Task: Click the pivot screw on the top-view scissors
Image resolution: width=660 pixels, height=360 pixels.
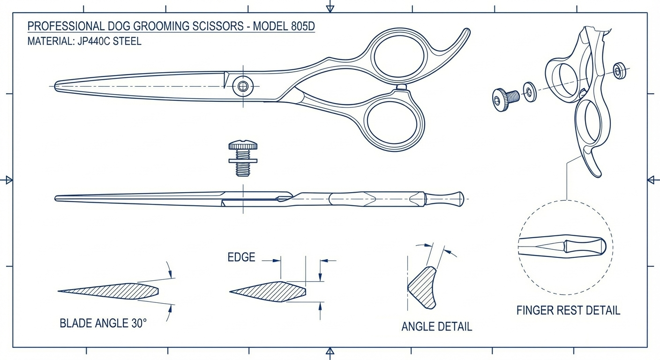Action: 242,86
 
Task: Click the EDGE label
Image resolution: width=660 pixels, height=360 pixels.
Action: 241,257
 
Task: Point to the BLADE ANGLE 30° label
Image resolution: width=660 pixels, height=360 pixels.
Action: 103,323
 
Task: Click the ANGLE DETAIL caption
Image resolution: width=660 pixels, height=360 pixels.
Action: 436,326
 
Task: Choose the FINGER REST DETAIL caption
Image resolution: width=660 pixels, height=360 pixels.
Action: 568,310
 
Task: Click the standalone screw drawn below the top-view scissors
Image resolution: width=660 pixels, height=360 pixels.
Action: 243,158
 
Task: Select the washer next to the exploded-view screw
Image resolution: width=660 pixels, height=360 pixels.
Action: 530,91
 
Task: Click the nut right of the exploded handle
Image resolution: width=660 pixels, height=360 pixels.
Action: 619,70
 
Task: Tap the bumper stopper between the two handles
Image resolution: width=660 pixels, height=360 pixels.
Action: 401,87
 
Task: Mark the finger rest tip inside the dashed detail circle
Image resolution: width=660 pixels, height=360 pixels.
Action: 600,245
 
